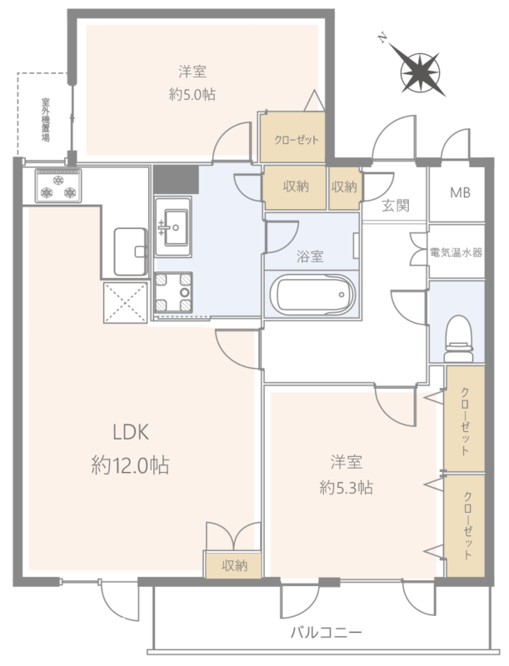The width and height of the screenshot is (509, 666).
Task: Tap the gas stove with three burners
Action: [x=58, y=186]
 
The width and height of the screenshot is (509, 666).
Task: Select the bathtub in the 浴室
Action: [x=312, y=295]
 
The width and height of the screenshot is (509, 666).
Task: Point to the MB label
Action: [x=460, y=193]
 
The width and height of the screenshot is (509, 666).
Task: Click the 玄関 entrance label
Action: [x=396, y=206]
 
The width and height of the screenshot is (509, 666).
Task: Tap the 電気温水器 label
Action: [x=457, y=253]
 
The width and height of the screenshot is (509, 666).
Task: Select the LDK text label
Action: [x=131, y=432]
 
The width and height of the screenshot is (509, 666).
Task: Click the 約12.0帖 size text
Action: [x=131, y=465]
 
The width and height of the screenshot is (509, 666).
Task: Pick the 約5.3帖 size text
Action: [x=346, y=488]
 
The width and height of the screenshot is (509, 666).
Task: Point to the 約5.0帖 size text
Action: [x=192, y=94]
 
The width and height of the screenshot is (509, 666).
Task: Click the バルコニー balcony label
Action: [x=327, y=633]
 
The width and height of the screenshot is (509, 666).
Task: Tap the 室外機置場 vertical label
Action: [x=46, y=120]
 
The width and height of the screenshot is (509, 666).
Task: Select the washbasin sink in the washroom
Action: [x=173, y=226]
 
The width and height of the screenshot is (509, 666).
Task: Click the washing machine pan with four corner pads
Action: [x=173, y=293]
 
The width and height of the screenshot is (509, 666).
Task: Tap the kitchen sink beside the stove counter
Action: [x=131, y=252]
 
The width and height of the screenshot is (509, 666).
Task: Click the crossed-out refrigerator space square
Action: [x=125, y=302]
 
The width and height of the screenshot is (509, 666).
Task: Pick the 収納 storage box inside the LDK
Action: [x=234, y=564]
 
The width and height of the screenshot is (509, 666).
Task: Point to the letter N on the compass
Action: [x=382, y=39]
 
